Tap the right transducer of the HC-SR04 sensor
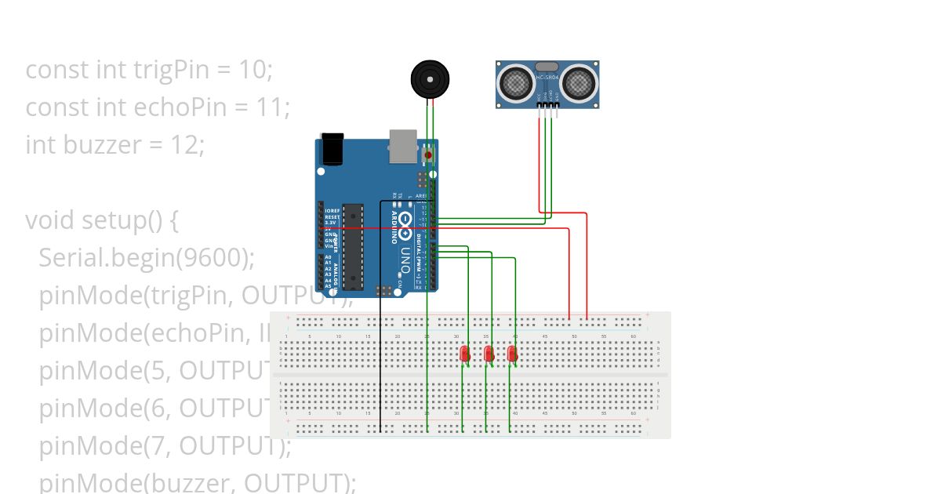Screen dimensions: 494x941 point(578,82)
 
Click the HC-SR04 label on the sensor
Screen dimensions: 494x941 point(547,78)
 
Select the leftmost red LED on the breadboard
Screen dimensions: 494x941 point(464,354)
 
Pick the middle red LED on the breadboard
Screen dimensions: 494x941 point(489,354)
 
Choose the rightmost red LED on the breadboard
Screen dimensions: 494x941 point(512,354)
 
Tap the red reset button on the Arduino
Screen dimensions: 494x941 point(428,155)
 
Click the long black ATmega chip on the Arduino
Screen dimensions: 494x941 point(353,246)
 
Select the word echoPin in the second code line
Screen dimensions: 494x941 point(140,107)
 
